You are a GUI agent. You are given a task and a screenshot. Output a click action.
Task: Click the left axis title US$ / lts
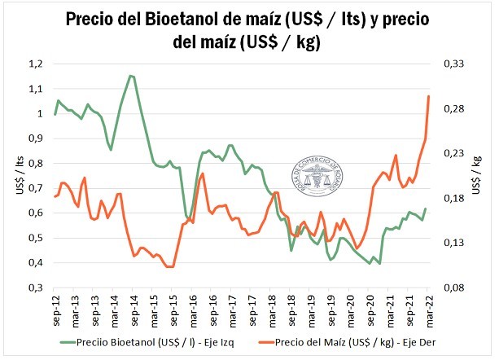pyautogui.click(x=18, y=175)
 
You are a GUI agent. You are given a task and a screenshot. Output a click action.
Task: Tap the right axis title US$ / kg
pyautogui.click(x=476, y=175)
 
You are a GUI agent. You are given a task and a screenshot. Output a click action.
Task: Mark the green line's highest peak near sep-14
pyautogui.click(x=130, y=76)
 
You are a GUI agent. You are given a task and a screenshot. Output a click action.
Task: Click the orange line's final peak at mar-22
pyautogui.click(x=429, y=96)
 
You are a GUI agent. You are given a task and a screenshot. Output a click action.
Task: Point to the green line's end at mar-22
pyautogui.click(x=426, y=209)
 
